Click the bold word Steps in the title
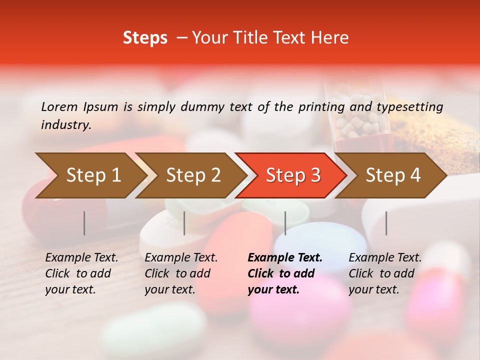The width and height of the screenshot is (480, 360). pyautogui.click(x=145, y=38)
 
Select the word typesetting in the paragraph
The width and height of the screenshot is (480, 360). pyautogui.click(x=409, y=107)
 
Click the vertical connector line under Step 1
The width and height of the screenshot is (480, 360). pyautogui.click(x=84, y=223)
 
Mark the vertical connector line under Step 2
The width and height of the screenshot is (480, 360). pyautogui.click(x=184, y=223)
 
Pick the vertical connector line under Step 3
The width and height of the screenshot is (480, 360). pyautogui.click(x=285, y=223)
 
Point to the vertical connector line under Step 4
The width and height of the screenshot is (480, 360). pyautogui.click(x=386, y=223)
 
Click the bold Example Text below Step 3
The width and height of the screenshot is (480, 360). pyautogui.click(x=285, y=258)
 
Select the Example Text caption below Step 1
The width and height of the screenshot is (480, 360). pyautogui.click(x=81, y=258)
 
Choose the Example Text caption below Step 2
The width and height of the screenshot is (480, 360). pyautogui.click(x=181, y=258)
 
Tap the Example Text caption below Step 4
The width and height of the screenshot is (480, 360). pyautogui.click(x=385, y=258)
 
